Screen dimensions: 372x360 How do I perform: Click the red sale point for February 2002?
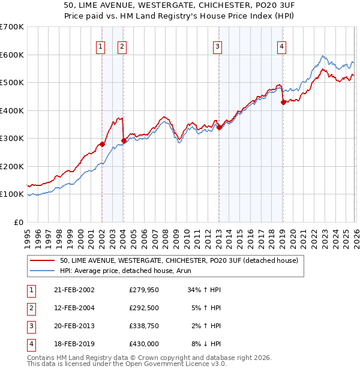(103, 144)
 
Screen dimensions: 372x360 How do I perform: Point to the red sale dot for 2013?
(219, 127)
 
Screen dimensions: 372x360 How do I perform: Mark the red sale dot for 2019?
(283, 102)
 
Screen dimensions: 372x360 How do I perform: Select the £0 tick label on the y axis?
(18, 222)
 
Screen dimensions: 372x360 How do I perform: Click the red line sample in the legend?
(42, 260)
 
